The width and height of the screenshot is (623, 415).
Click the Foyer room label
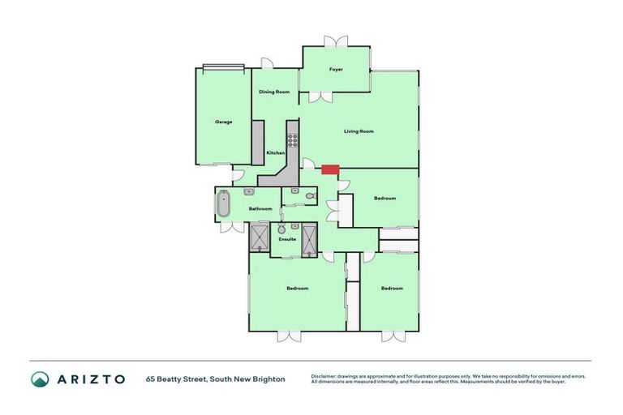click(336, 70)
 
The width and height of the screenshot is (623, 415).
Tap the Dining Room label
click(274, 92)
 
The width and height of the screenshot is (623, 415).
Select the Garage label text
click(224, 122)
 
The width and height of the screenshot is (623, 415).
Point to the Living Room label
click(359, 131)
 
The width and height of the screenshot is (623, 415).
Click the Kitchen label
click(276, 153)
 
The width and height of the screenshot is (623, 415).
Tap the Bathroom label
click(260, 209)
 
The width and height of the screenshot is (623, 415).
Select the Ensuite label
click(286, 240)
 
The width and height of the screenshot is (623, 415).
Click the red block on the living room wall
click(329, 170)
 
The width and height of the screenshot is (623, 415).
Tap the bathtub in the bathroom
click(224, 204)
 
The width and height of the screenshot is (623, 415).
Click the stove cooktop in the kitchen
click(292, 139)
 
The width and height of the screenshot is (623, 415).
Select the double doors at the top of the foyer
click(336, 41)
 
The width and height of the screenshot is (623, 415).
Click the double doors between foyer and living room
click(320, 97)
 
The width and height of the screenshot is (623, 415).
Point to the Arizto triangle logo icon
click(40, 379)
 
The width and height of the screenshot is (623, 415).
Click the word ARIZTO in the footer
click(91, 379)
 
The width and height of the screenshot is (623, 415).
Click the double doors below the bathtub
click(232, 227)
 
